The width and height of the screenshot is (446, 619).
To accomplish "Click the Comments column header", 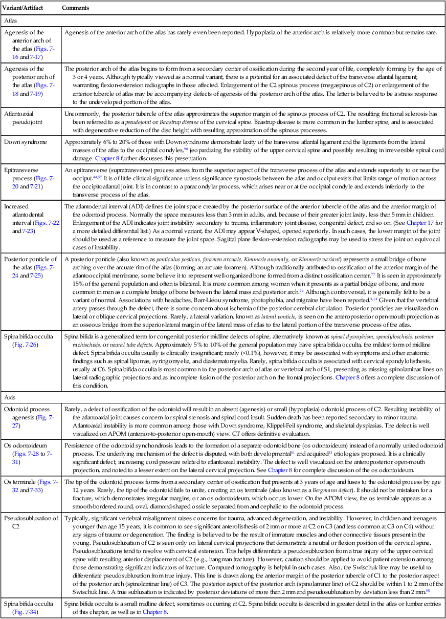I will (x=75, y=8).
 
